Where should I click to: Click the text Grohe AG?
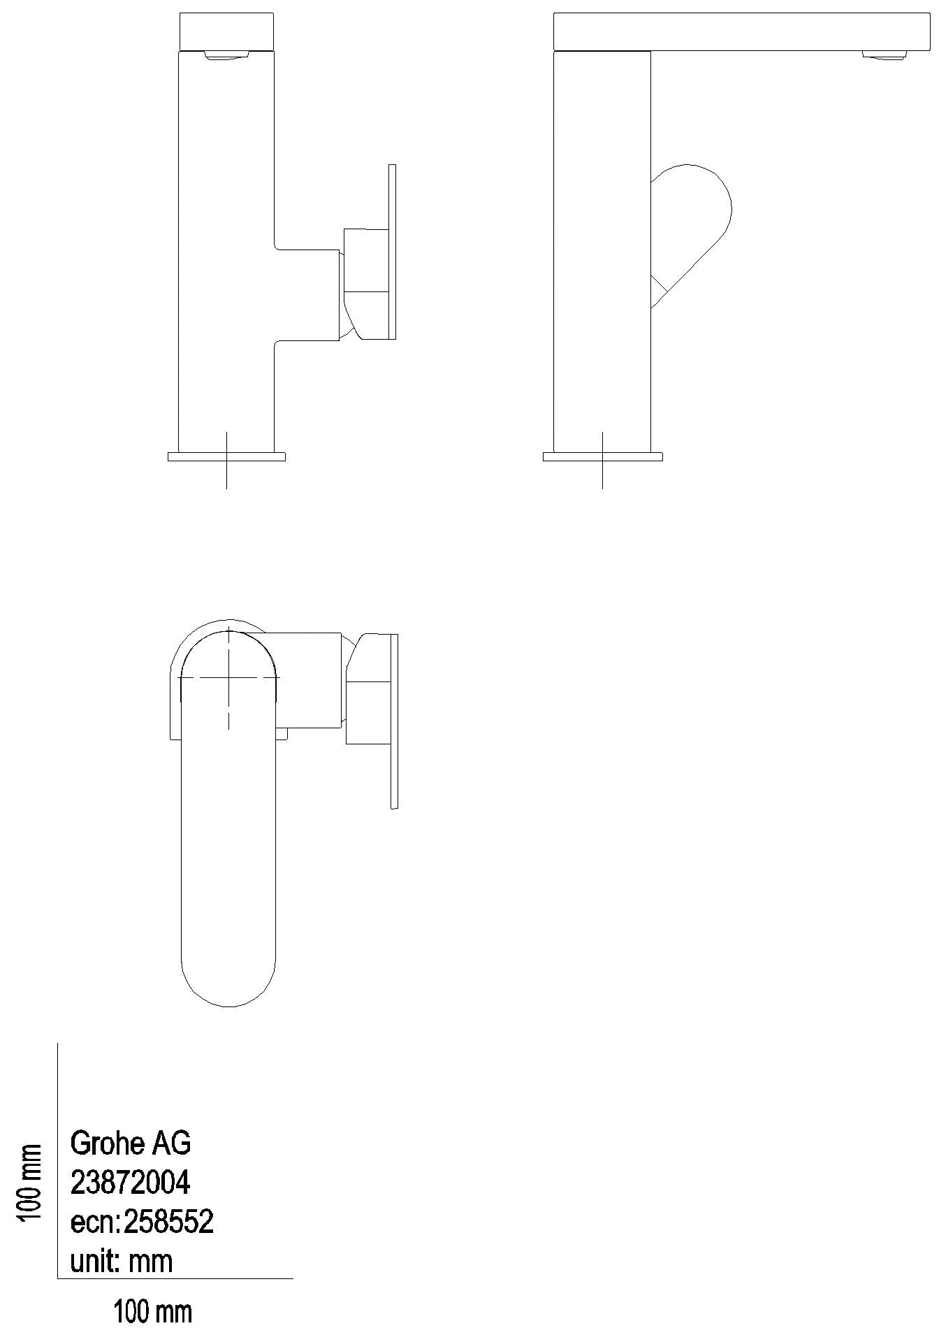pos(130,1144)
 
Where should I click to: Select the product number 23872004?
pos(130,1183)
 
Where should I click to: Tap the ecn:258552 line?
pos(142,1222)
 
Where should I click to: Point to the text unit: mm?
pos(121,1262)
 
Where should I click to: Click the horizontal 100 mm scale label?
pos(153,1312)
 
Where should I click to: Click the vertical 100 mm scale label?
pos(29,1183)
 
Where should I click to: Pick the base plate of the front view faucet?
pos(226,457)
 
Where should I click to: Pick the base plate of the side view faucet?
pos(602,457)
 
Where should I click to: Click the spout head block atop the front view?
pos(226,31)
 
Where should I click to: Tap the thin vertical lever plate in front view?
pos(392,252)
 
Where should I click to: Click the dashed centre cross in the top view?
pos(228,677)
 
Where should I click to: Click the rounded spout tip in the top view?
pos(228,979)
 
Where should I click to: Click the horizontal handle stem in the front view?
pos(307,294)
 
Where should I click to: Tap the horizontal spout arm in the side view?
pos(741,31)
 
